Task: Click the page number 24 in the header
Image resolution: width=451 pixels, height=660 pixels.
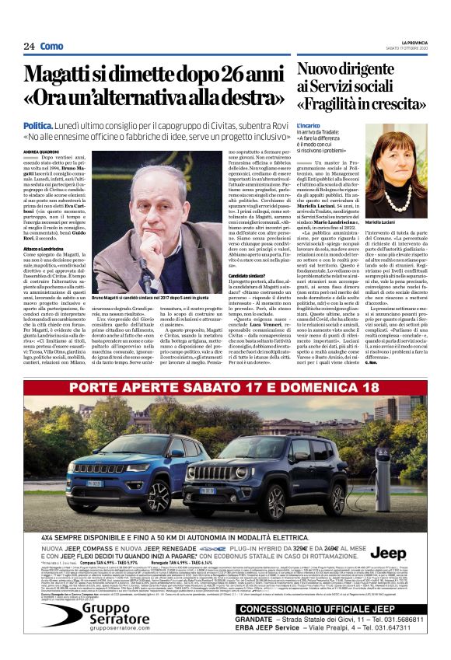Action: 29,47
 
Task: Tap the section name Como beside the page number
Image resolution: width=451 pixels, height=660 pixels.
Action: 51,47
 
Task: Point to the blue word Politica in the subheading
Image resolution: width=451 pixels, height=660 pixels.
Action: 38,125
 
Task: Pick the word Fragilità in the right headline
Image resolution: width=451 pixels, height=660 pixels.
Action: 341,103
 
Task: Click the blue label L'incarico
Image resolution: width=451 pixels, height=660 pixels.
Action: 308,124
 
